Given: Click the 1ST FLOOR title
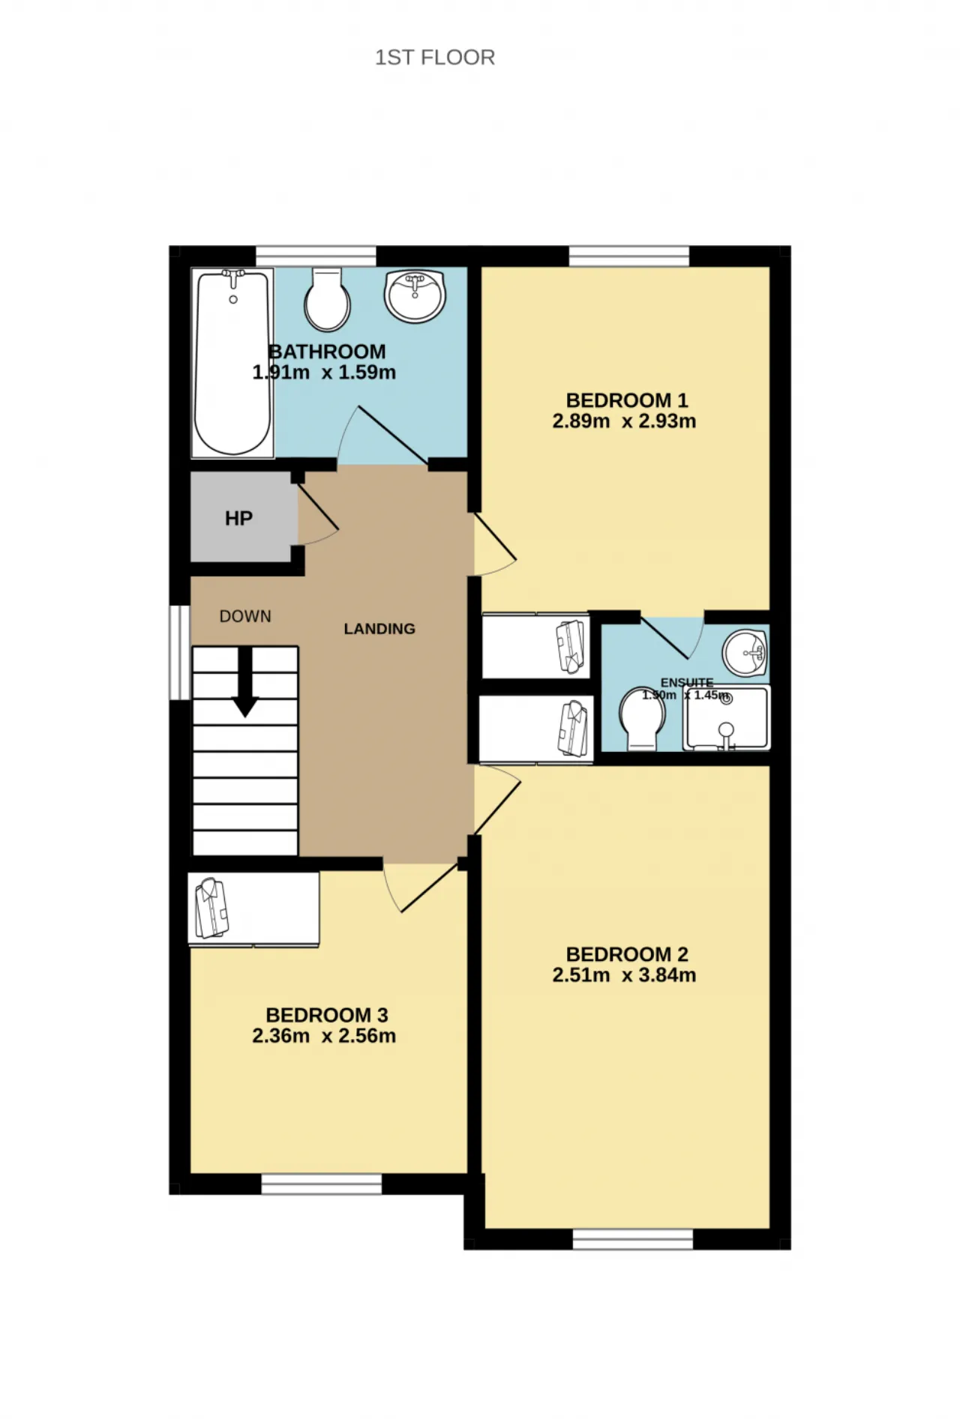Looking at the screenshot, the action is [435, 58].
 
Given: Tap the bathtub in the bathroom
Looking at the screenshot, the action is [232, 363].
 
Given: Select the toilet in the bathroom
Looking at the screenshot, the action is [328, 300].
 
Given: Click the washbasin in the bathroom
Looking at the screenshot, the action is [415, 295].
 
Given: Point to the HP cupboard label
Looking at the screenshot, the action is [238, 518].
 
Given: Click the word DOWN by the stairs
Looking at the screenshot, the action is [245, 616].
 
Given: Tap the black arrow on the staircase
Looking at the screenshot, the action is [245, 682].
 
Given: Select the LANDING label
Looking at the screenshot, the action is [379, 629].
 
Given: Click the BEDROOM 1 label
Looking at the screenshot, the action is [627, 400].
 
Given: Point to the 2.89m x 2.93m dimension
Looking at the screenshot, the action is [624, 421].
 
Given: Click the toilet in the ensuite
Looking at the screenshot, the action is [643, 718].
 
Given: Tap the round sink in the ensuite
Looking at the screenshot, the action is [745, 652].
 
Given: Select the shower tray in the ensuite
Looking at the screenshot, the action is [727, 717].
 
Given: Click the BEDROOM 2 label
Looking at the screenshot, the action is [627, 954].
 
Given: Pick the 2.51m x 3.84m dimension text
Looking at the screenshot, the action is [624, 975].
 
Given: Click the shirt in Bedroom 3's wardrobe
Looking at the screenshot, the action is [211, 909].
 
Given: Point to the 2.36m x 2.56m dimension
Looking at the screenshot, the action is [324, 1036].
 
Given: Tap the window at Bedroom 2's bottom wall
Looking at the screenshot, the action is [633, 1239].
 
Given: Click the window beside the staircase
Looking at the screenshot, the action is [180, 652].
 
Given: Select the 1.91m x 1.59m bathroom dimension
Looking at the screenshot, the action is [324, 373].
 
